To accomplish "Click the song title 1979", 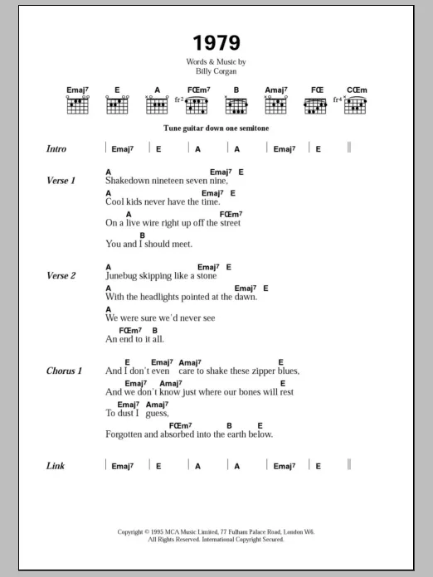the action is point(216,42).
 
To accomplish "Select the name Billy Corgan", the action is point(216,71).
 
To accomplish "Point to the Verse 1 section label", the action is point(61,181).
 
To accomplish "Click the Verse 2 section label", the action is point(61,276).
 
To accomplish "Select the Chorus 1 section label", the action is point(64,371).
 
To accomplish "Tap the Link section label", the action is point(56,466).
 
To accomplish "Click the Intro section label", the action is point(56,149).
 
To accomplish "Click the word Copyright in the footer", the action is point(134,531).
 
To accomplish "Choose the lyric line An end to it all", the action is point(134,339).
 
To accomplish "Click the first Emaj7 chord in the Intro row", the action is point(122,149).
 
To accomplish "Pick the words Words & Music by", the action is point(216,62).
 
